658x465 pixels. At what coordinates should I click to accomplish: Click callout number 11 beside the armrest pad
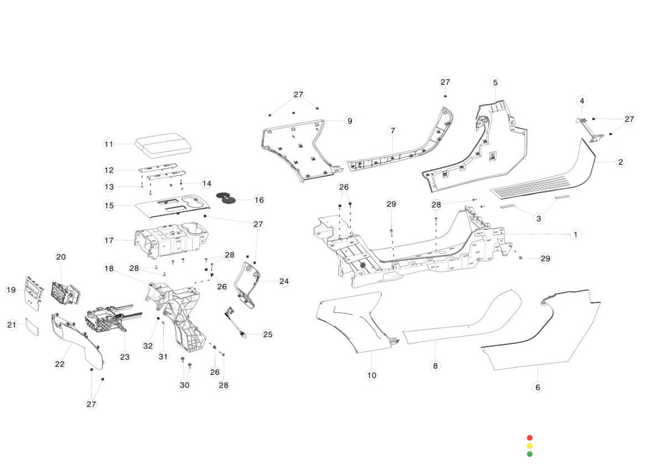[108, 144]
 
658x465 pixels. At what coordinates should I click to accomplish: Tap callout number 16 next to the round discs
[259, 200]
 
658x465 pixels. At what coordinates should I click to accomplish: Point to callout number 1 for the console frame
[575, 234]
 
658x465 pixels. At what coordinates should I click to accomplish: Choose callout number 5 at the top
[495, 82]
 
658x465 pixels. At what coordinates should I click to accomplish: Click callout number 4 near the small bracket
[582, 100]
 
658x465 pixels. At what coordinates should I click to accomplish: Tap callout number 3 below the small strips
[539, 218]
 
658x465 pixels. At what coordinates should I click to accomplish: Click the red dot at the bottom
[529, 438]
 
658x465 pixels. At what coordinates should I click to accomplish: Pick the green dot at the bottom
[529, 454]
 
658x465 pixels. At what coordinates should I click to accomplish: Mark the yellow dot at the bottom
[529, 446]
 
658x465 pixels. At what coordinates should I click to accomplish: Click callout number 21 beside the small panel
[12, 325]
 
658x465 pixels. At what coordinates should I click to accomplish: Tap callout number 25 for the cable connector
[268, 334]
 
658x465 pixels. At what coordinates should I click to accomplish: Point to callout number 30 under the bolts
[185, 385]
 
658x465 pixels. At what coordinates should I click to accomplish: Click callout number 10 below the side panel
[372, 376]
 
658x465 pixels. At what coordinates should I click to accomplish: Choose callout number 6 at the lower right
[537, 387]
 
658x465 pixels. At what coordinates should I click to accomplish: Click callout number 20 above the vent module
[61, 257]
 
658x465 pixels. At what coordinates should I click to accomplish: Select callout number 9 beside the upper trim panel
[350, 121]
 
